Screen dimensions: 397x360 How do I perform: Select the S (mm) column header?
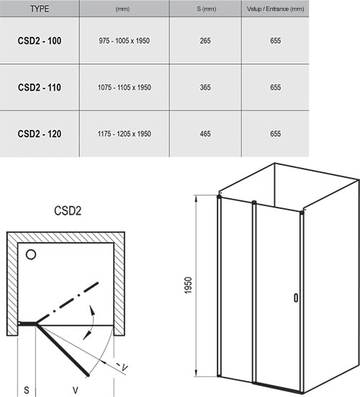coord(204,9)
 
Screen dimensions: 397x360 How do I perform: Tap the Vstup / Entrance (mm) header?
coord(274,9)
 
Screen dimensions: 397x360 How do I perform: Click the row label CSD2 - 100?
coord(40,41)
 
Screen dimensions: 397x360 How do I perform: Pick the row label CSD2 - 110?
coord(40,87)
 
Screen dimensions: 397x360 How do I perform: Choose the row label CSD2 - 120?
coord(40,133)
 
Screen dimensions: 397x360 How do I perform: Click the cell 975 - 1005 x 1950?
coord(123,41)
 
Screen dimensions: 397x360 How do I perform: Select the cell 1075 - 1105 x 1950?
coord(123,87)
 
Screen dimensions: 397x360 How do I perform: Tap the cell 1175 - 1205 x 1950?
coord(123,133)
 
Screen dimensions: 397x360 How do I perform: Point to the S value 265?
coord(204,41)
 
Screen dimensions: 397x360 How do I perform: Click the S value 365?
coord(204,87)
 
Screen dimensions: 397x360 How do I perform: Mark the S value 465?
coord(204,133)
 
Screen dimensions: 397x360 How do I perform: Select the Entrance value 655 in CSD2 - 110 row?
coord(274,87)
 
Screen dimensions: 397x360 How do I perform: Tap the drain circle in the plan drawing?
coord(31,254)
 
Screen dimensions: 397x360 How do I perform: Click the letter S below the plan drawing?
coord(25,389)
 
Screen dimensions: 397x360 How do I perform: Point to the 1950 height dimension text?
coord(187,286)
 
